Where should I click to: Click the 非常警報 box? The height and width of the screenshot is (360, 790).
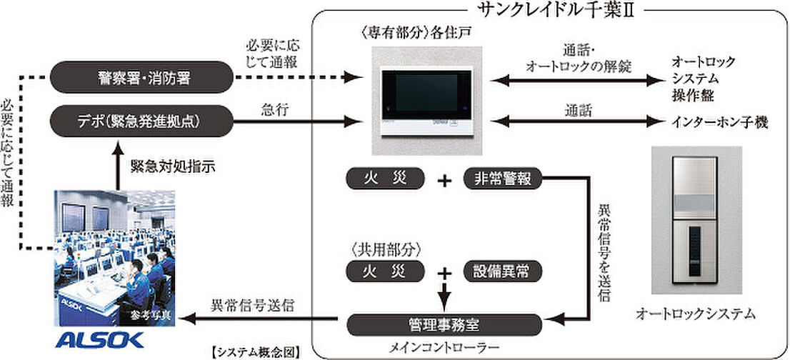click(x=503, y=179)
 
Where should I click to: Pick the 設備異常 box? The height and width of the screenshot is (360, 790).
click(x=503, y=271)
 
